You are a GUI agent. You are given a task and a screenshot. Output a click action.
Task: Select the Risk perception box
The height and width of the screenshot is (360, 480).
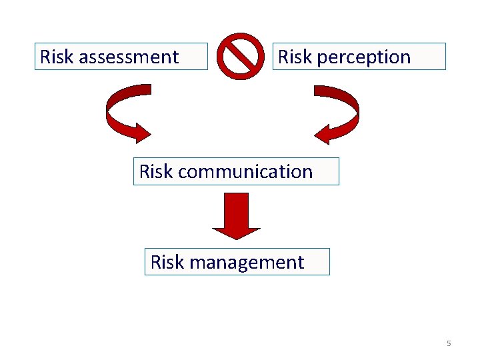(359, 57)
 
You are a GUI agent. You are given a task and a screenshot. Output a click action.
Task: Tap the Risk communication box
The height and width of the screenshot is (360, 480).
(236, 171)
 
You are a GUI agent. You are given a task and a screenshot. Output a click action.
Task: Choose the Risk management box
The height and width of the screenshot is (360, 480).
(237, 262)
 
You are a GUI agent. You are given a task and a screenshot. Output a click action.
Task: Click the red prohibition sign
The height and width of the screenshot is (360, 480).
(241, 56)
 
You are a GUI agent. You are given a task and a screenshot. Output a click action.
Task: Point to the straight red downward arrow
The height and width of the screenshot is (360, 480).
(236, 215)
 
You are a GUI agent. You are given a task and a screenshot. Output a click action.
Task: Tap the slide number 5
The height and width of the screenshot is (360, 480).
(449, 343)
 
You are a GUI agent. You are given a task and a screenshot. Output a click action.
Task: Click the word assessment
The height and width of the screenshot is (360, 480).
(129, 57)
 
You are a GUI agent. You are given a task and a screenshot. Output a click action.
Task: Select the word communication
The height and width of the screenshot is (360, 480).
(245, 172)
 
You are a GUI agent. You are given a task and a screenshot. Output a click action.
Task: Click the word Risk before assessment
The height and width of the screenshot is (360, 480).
(57, 57)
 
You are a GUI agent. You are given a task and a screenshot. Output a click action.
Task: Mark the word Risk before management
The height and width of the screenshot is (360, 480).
(167, 263)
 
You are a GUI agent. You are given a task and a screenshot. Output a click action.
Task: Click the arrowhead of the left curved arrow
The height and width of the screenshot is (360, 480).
(142, 132)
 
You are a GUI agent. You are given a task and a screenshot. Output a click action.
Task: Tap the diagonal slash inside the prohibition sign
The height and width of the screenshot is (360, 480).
(241, 56)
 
